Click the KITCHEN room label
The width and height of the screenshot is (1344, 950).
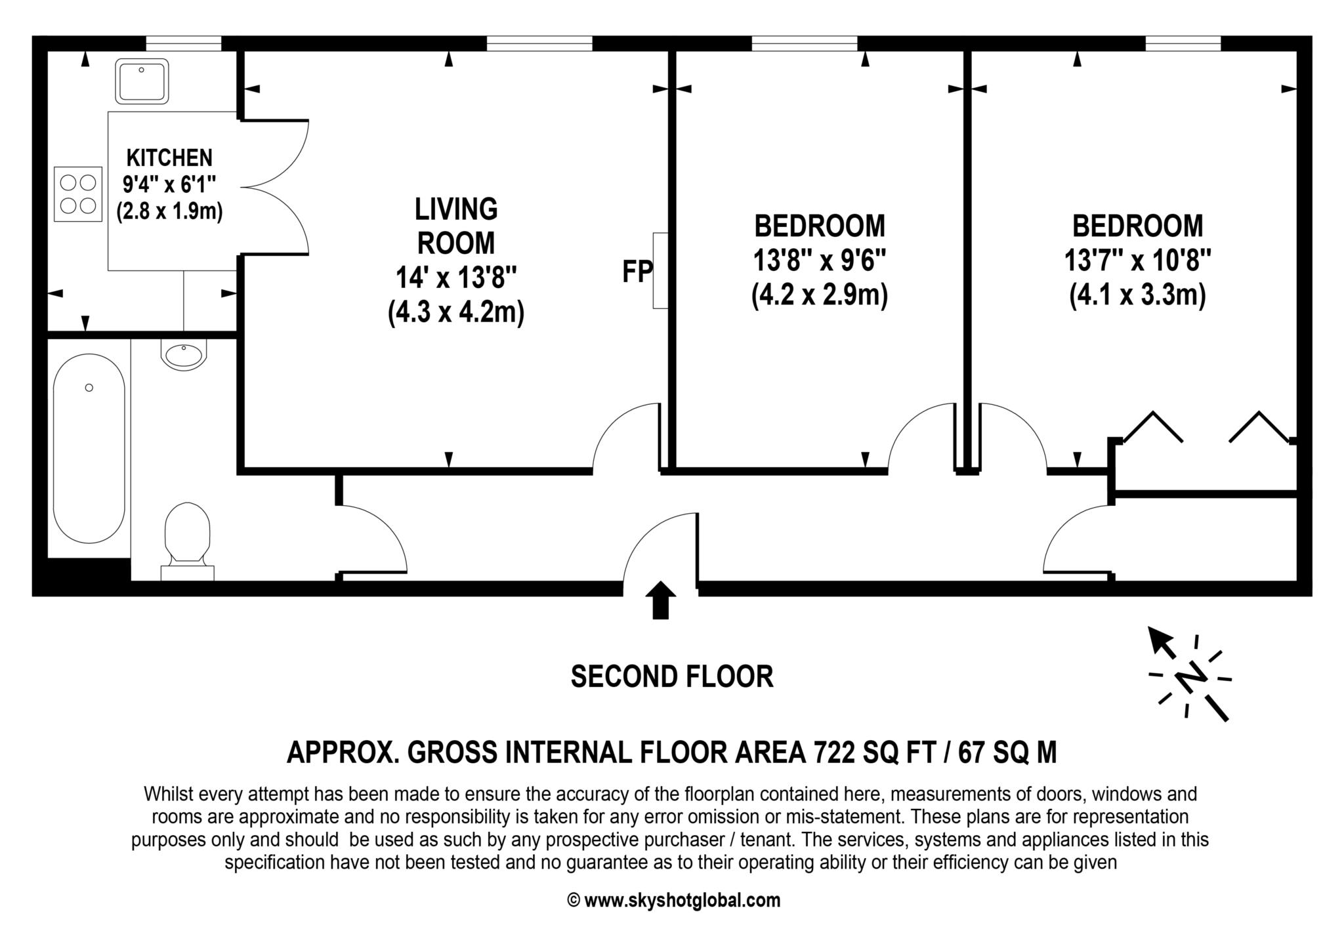tap(169, 158)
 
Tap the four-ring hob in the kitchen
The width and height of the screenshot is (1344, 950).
tap(78, 194)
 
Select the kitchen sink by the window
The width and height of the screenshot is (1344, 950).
tap(142, 81)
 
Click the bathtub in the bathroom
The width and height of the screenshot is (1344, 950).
tap(89, 448)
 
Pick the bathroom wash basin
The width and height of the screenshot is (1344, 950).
tap(184, 356)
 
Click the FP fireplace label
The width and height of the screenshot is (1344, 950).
tap(637, 272)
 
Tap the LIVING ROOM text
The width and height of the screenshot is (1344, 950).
tap(456, 226)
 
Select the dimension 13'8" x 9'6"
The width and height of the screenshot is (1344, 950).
tap(819, 261)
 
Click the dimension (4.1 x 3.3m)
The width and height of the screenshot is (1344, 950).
tap(1137, 295)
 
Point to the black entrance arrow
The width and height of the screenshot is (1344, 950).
tap(660, 600)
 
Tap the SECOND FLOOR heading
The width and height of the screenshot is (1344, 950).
tap(671, 676)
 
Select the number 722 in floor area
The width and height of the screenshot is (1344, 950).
tap(834, 753)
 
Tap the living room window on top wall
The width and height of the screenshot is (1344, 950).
tap(539, 44)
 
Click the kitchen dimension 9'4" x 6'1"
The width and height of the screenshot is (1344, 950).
tap(169, 185)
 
